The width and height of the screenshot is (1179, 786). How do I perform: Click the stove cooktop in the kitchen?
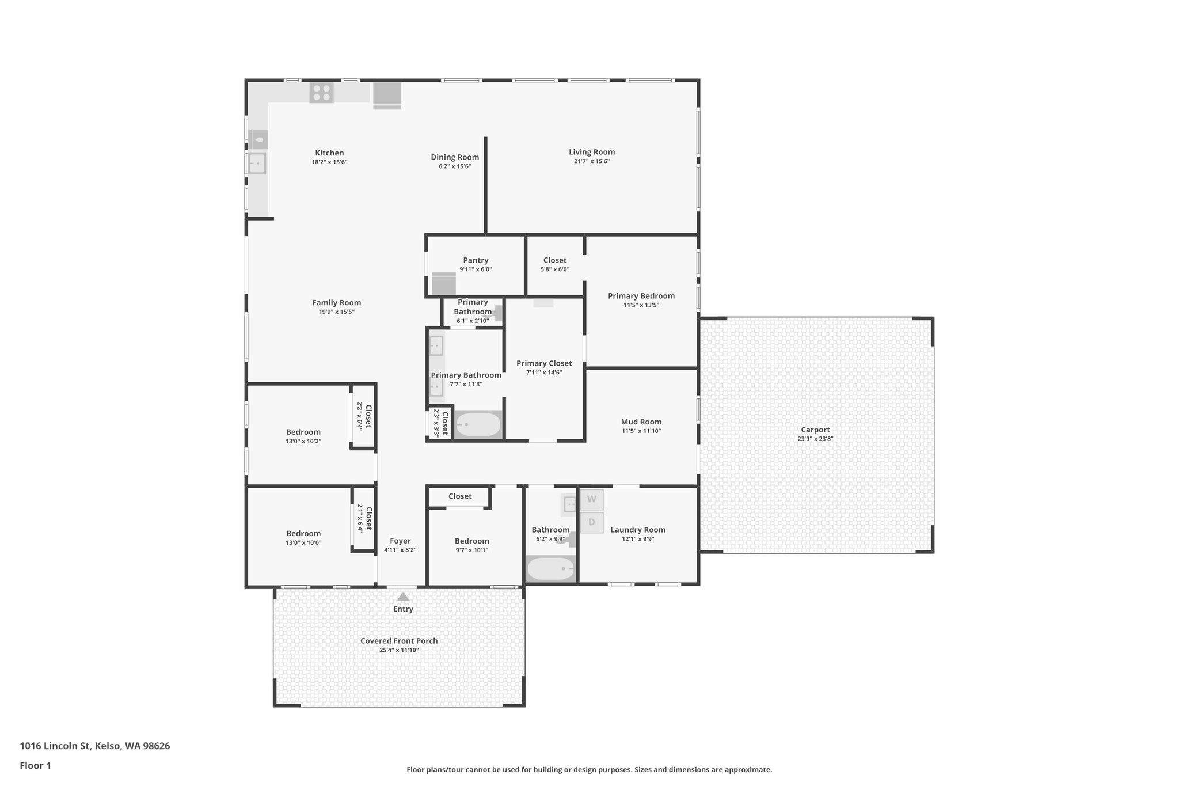tap(321, 93)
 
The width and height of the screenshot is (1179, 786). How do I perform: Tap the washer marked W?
tap(591, 499)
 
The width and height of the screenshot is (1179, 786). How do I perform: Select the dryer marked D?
tap(591, 523)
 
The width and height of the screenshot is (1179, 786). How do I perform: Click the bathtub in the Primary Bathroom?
tap(478, 425)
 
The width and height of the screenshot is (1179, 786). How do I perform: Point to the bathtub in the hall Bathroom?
tap(550, 569)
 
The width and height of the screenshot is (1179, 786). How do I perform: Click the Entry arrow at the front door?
tap(403, 597)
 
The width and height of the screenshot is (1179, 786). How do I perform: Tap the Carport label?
tap(815, 430)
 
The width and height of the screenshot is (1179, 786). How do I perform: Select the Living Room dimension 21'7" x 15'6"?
tap(591, 161)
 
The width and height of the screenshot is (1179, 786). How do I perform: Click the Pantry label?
tap(476, 260)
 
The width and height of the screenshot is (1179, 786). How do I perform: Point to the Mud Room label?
tap(641, 422)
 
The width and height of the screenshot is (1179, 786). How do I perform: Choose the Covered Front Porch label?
tap(399, 641)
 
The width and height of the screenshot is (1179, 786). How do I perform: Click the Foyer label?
tap(400, 541)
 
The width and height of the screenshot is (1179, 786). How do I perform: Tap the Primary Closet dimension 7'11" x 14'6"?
tap(543, 373)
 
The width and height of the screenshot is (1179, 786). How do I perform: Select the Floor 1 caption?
tap(35, 765)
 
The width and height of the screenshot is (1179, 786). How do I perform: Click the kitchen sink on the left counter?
tap(257, 164)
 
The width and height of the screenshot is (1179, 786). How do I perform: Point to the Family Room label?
tap(336, 303)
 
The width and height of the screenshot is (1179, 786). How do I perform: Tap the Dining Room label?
tap(455, 157)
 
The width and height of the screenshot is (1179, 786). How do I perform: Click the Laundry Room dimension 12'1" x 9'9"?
tap(637, 539)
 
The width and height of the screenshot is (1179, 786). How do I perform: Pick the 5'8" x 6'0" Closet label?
tap(554, 260)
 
